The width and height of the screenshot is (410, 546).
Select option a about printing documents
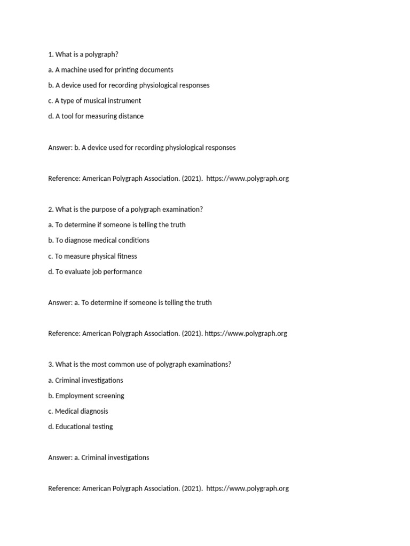111,70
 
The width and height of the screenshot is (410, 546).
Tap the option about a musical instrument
94,101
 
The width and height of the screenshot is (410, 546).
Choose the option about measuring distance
96,116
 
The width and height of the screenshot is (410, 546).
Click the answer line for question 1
141,147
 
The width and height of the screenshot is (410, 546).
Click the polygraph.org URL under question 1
247,178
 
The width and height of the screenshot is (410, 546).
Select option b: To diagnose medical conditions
99,240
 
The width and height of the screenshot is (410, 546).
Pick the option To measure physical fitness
92,256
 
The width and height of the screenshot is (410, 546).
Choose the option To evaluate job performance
95,271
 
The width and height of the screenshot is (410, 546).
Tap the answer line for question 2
130,302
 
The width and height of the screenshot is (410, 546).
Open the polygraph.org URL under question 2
246,333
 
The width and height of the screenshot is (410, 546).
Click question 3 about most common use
140,364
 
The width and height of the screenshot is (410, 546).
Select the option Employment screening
86,396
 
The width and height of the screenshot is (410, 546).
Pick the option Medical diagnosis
78,411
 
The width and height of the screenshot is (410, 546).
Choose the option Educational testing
81,427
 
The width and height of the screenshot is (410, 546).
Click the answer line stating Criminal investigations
99,457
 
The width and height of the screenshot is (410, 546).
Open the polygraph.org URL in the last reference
247,488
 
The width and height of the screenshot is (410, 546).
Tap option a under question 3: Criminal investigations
85,380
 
